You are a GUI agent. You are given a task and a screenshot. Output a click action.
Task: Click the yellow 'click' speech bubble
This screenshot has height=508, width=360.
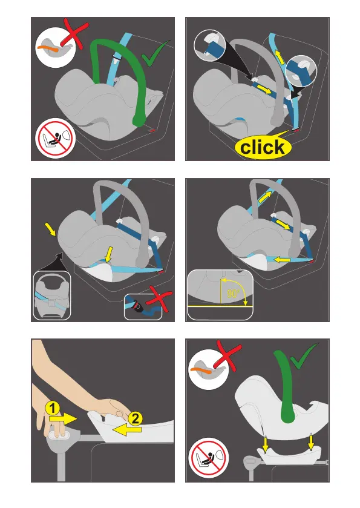click(x=263, y=147)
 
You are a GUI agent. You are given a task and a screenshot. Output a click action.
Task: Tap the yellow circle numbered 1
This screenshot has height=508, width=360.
click(x=53, y=408)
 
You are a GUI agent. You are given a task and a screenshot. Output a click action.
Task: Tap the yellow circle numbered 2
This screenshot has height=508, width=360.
click(x=135, y=418)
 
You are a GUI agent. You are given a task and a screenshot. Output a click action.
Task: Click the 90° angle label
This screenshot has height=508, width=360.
click(x=233, y=293)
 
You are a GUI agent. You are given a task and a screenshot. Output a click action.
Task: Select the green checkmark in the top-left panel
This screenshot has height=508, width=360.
click(x=155, y=53)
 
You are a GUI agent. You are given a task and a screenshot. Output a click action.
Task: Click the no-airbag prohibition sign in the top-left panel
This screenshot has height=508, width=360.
click(x=54, y=137)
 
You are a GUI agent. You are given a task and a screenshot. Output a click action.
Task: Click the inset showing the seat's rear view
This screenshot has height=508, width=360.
click(x=52, y=295)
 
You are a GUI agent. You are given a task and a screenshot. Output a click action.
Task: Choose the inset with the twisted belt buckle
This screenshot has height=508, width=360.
click(x=143, y=307)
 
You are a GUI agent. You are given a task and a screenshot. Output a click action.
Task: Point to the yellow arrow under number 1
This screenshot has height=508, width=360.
click(x=63, y=418)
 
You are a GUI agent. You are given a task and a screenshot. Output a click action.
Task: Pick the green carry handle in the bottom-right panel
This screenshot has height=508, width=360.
click(x=287, y=386)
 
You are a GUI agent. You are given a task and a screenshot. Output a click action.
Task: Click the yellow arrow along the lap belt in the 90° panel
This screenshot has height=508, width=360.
click(x=286, y=259)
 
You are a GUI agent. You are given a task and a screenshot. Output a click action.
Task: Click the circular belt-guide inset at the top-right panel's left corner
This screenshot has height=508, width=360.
click(x=210, y=45)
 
